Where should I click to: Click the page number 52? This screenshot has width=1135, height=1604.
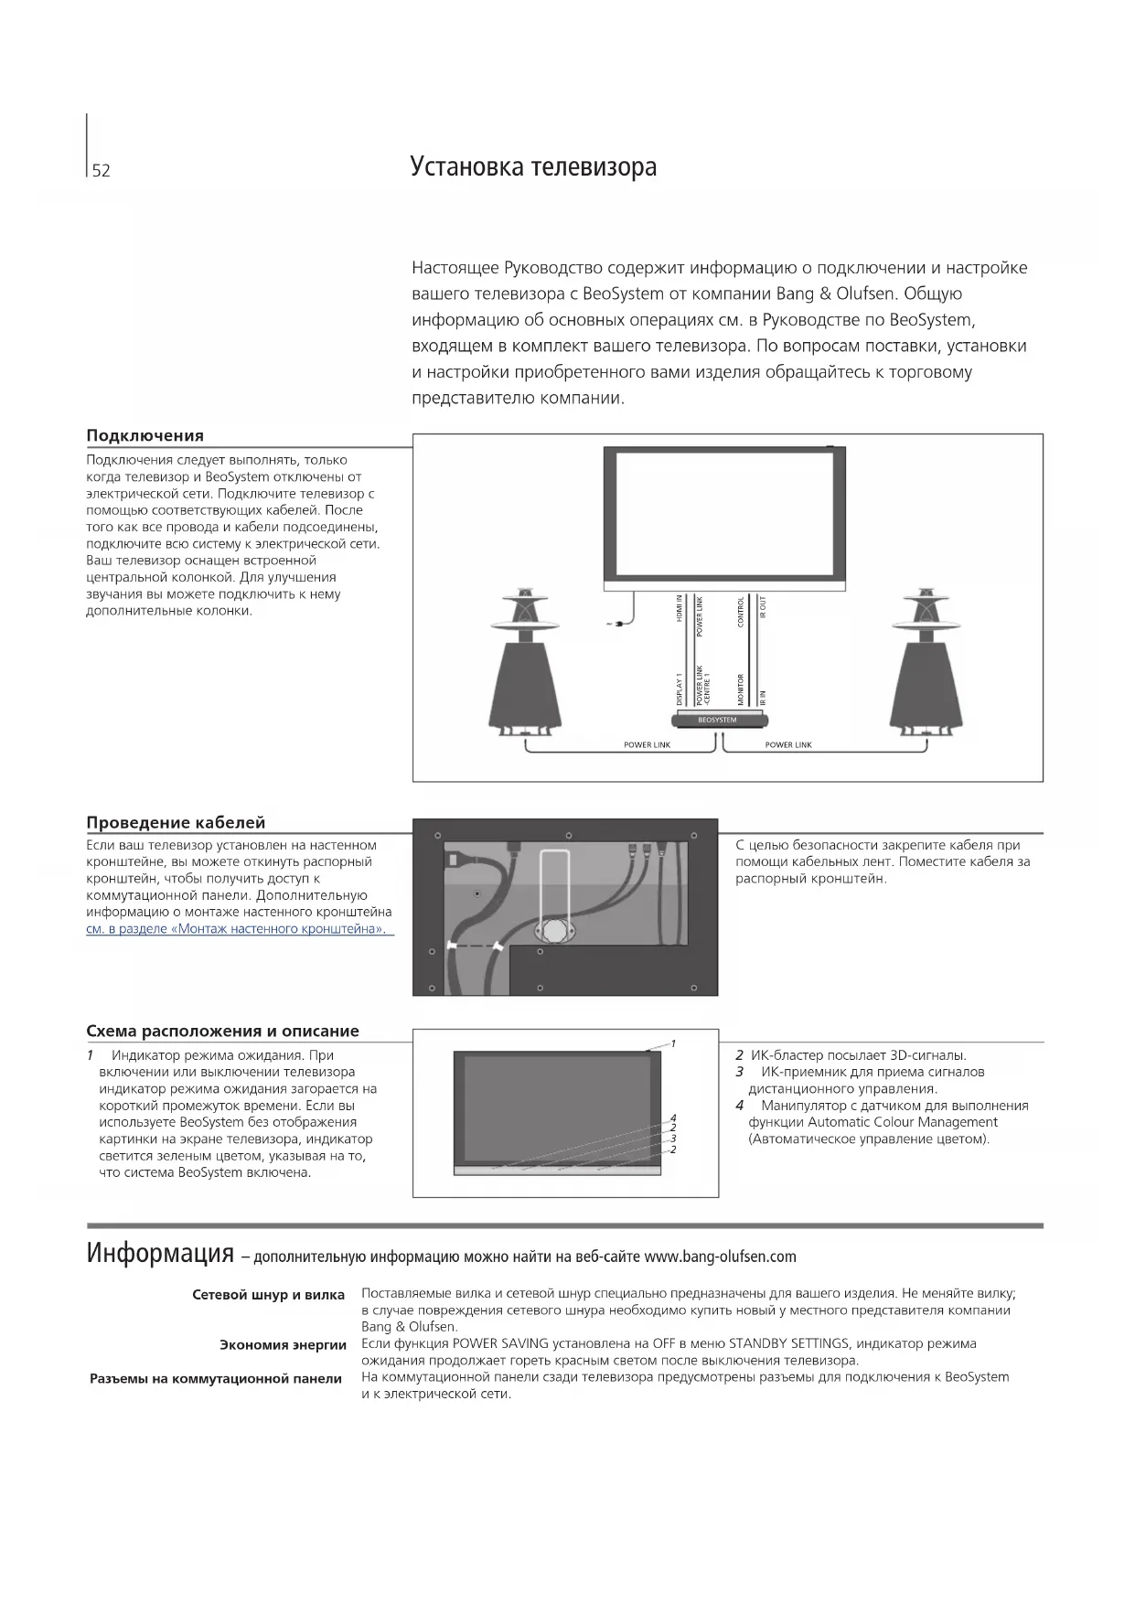tap(101, 171)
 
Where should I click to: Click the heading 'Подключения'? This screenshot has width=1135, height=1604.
tap(145, 435)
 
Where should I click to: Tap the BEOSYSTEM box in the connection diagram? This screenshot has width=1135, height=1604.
tap(717, 720)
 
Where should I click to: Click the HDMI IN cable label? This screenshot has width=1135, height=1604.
tap(680, 608)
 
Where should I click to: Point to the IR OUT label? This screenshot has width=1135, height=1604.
tap(763, 607)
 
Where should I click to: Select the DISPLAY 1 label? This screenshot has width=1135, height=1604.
tap(680, 689)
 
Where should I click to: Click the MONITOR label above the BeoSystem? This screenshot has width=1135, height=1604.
tap(741, 689)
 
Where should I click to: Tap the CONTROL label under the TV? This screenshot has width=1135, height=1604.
tap(741, 611)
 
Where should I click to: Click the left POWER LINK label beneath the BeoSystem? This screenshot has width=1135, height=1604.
tap(647, 745)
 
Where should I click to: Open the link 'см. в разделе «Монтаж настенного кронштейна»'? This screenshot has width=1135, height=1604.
tap(235, 929)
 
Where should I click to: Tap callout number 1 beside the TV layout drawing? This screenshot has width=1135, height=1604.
tap(673, 1043)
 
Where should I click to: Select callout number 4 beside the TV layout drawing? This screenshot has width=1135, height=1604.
tap(673, 1117)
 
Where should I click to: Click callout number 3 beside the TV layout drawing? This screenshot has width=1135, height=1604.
tap(673, 1139)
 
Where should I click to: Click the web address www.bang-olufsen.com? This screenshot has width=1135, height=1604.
tap(720, 1256)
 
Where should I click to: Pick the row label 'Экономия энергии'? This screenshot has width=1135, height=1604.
tap(283, 1344)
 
